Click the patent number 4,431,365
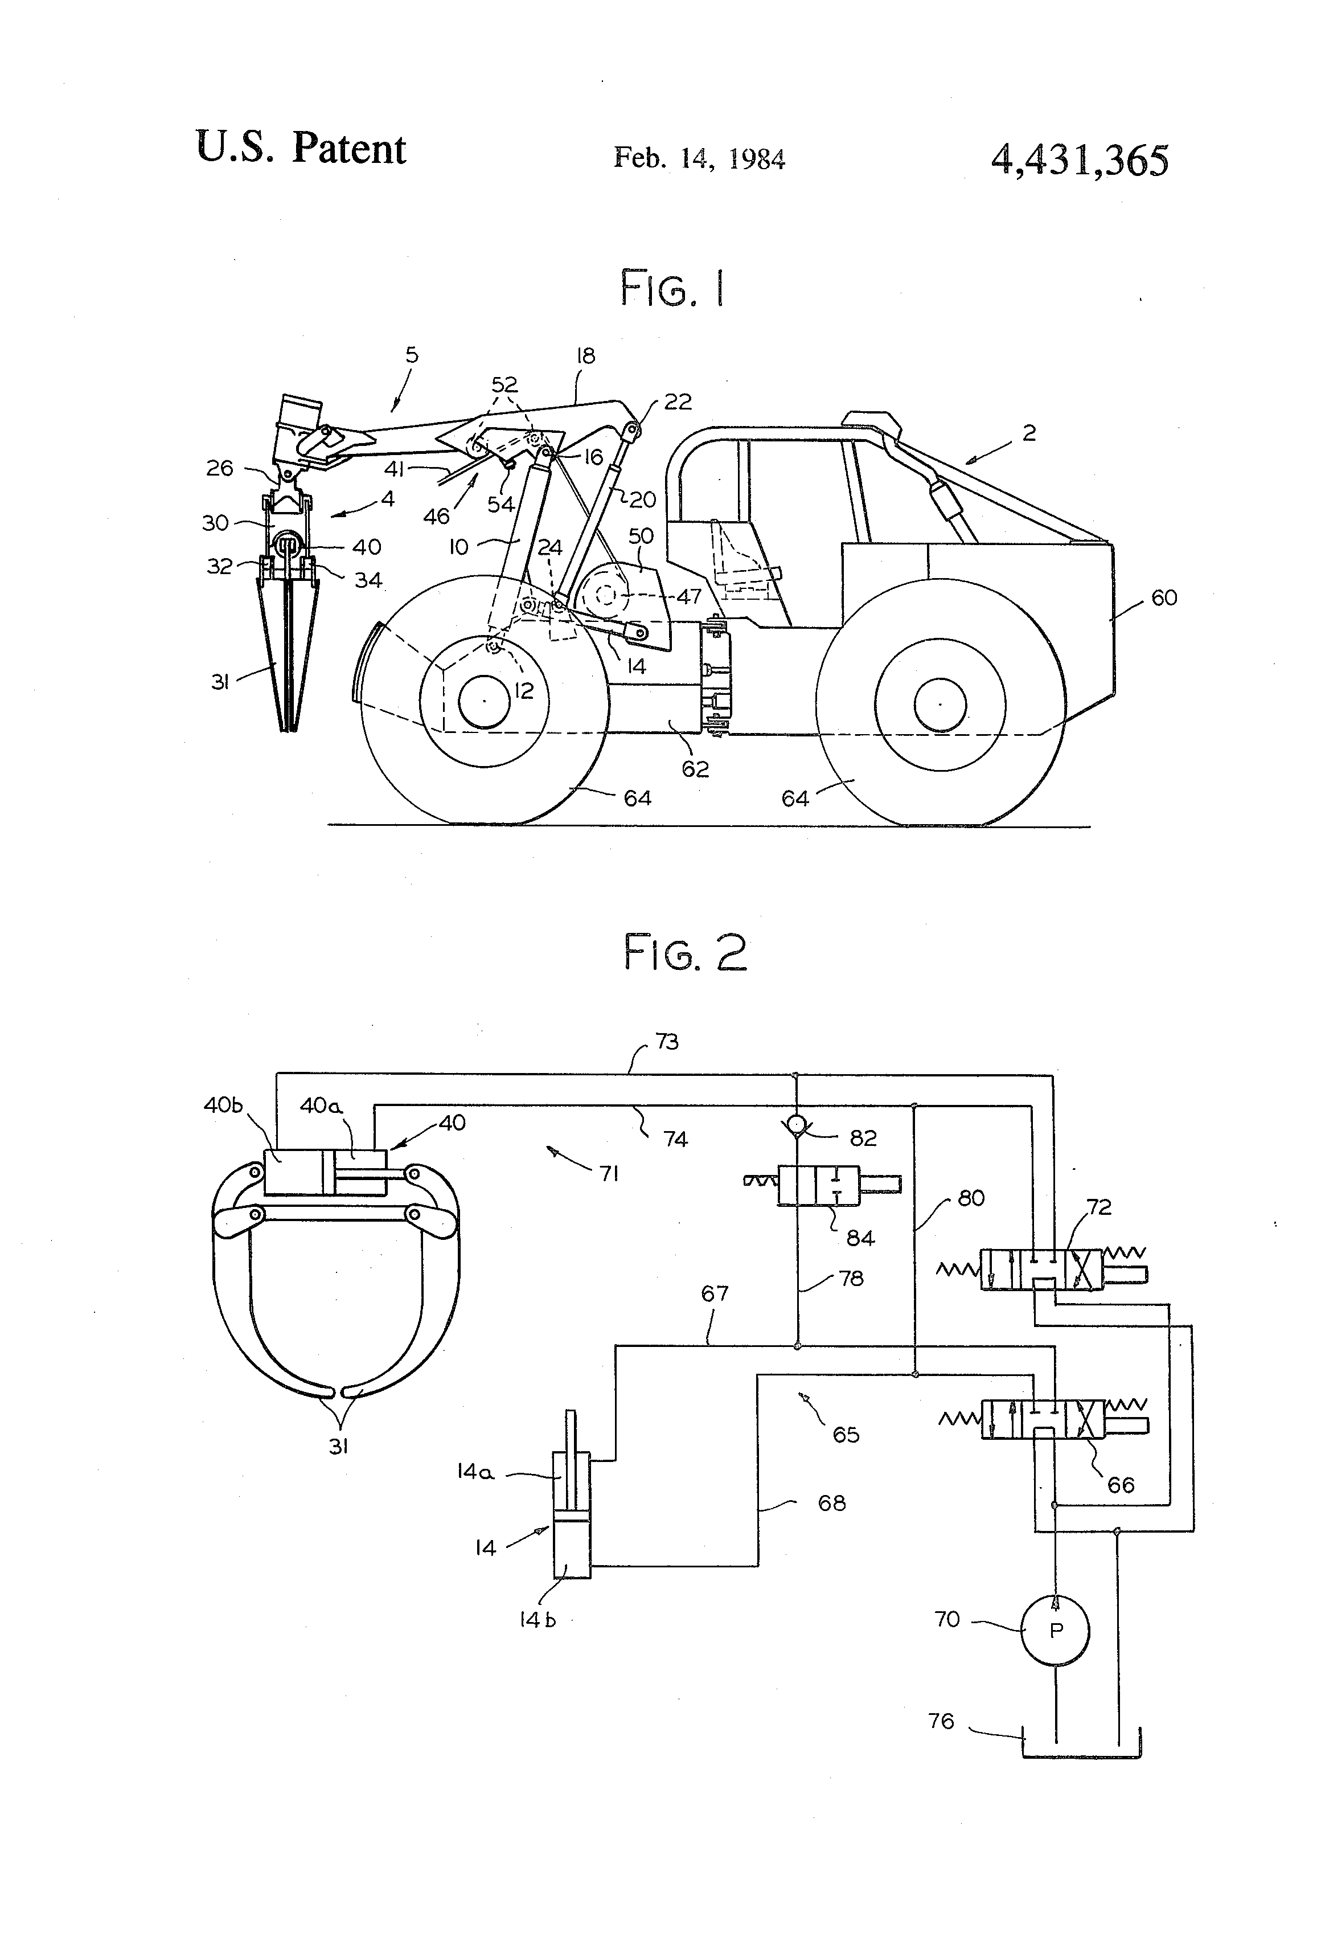click(1079, 159)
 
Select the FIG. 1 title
click(672, 289)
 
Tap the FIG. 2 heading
click(685, 953)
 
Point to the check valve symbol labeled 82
click(798, 1124)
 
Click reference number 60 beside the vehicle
click(1163, 597)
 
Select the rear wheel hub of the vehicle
click(940, 704)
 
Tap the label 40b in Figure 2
click(223, 1104)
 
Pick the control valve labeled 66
click(1042, 1420)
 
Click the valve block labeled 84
click(818, 1185)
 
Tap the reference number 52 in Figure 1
click(504, 384)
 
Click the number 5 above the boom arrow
click(412, 355)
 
